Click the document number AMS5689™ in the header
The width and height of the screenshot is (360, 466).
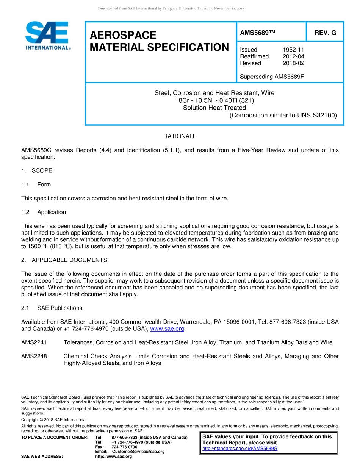point(257,33)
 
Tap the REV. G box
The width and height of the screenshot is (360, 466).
point(325,33)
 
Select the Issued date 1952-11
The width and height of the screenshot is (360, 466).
point(293,50)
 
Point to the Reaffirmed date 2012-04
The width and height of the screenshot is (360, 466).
point(293,56)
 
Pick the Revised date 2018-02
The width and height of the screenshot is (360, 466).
point(293,63)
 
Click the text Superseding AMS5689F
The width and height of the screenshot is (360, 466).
point(272,77)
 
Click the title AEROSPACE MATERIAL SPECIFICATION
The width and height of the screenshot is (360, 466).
point(159,41)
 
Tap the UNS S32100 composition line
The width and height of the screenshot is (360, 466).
point(283,115)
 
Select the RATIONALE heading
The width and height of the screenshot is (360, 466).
point(180,136)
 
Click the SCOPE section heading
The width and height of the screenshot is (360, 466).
point(42,171)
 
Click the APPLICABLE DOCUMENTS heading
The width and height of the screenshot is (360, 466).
point(69,260)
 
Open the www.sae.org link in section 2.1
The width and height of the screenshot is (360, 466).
point(167,329)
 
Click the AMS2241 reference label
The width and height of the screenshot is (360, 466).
point(34,342)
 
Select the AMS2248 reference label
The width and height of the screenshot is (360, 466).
point(34,356)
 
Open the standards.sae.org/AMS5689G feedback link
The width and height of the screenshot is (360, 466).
point(240,449)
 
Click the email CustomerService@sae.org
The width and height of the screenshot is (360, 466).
point(138,452)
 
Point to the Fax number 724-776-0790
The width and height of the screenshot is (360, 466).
point(124,447)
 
